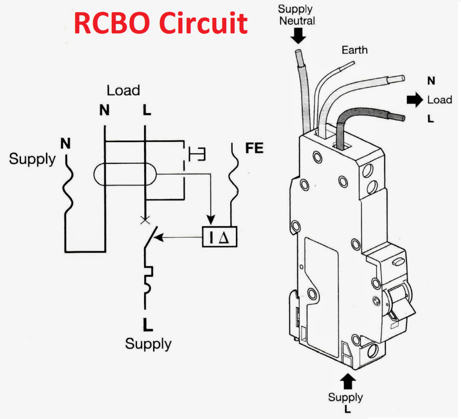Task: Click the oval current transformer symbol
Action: click(x=124, y=175)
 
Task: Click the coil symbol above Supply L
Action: click(x=148, y=280)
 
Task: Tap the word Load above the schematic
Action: click(x=123, y=90)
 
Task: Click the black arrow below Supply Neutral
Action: click(x=298, y=36)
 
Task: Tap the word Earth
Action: click(x=354, y=50)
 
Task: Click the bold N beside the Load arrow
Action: click(x=431, y=81)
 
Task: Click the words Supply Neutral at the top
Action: click(x=297, y=14)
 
